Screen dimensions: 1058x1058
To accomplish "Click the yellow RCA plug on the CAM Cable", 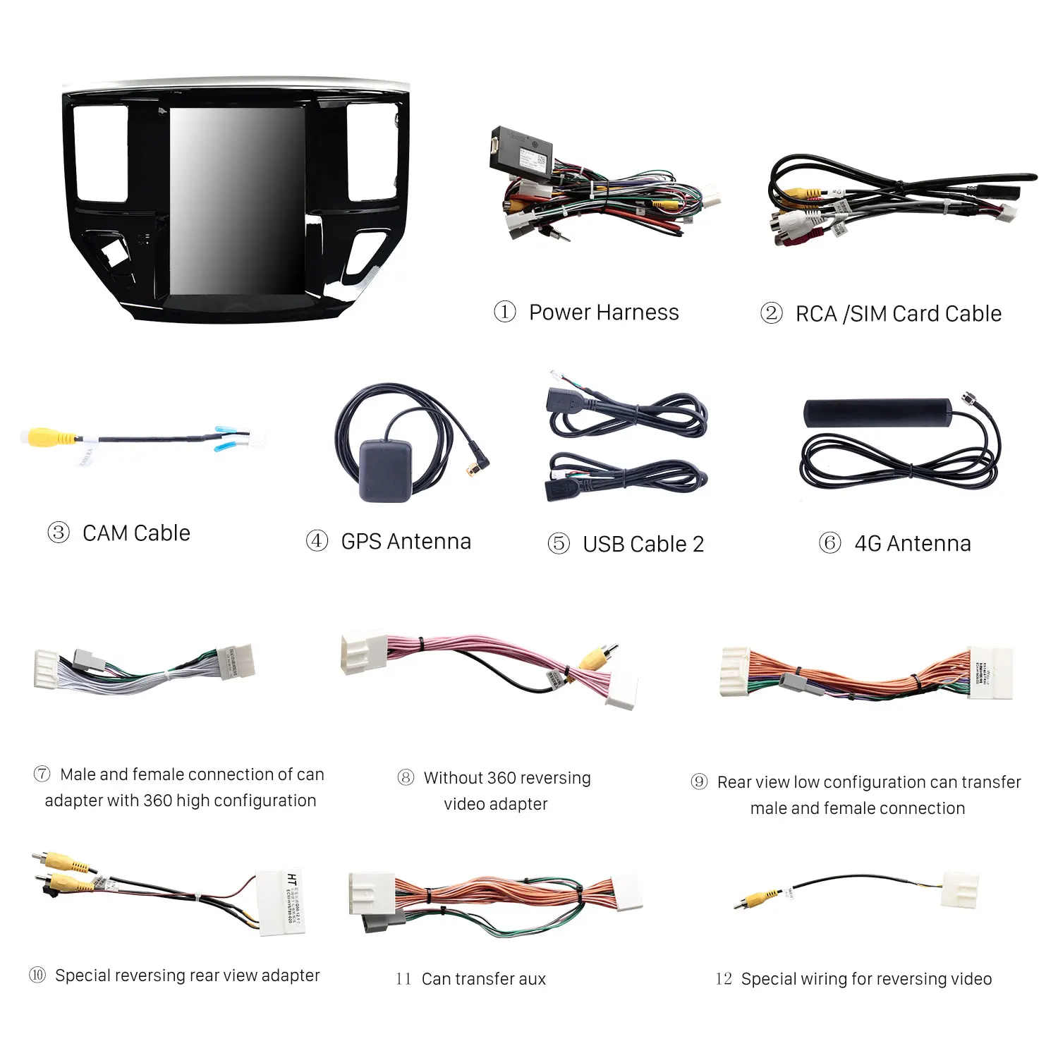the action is (44, 437).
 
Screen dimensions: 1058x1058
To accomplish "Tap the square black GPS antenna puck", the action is (385, 470).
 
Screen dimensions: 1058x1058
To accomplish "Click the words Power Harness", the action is (604, 312).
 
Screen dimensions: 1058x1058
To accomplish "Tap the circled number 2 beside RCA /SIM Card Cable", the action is (771, 313).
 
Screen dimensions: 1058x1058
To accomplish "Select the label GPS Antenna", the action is (406, 542).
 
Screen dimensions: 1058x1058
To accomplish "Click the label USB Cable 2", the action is (643, 545).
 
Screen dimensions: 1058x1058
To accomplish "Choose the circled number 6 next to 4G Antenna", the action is (829, 543).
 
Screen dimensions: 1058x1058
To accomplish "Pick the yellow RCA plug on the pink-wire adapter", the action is (595, 659).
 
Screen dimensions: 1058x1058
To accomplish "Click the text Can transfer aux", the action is (483, 979).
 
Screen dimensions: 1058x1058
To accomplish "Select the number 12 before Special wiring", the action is (723, 979).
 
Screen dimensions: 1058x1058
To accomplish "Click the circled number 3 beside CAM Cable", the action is (59, 533).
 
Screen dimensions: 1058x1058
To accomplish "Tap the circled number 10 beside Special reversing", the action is (37, 975).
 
